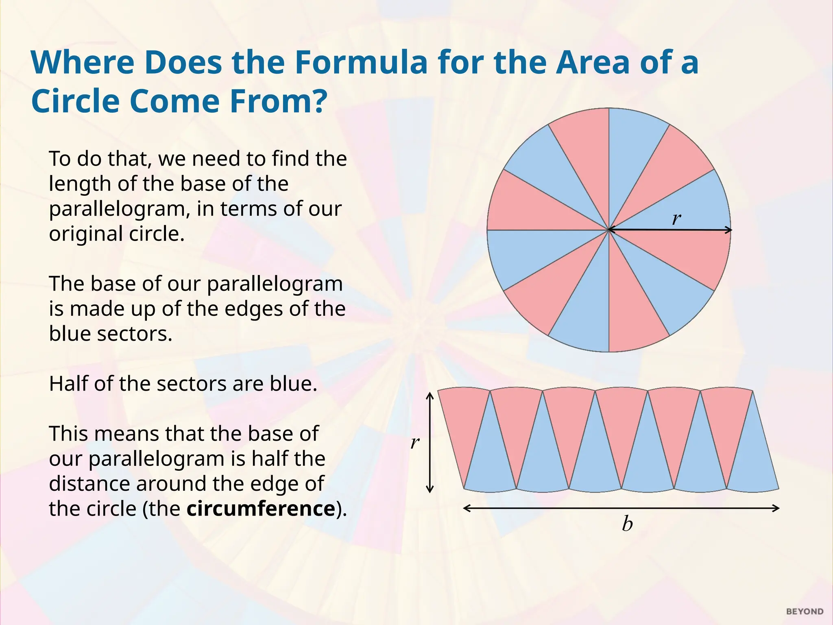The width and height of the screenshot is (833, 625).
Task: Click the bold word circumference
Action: pos(261,509)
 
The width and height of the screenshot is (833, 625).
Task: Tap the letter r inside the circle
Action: pos(676,219)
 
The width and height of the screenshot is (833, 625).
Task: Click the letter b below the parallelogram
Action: pos(627,524)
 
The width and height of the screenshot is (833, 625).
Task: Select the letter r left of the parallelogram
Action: pos(414,442)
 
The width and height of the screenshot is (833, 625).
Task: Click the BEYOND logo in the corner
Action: pos(805,612)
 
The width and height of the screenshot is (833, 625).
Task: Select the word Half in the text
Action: pos(68,384)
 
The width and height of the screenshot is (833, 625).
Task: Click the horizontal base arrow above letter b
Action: pos(621,508)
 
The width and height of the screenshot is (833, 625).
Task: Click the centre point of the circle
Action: pos(609,230)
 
